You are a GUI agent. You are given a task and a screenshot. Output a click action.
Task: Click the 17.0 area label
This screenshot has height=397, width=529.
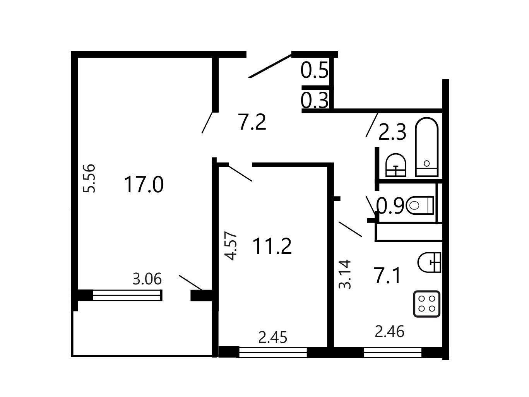(144, 185)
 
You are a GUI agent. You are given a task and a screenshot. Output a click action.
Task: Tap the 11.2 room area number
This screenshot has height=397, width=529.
(272, 246)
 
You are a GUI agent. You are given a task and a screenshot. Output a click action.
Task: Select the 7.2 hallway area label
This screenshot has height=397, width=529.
(252, 122)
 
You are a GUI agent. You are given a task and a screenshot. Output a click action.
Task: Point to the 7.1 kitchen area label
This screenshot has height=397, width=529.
(387, 276)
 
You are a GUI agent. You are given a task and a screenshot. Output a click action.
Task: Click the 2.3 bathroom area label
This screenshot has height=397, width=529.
(392, 132)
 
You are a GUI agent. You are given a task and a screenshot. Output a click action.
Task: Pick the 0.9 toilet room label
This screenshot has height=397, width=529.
(390, 206)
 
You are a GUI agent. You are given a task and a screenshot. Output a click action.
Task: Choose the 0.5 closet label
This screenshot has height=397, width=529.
(315, 70)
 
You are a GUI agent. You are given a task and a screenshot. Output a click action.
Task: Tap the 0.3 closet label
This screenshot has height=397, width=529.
(315, 101)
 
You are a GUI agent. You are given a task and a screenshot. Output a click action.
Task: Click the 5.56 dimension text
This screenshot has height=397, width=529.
(89, 178)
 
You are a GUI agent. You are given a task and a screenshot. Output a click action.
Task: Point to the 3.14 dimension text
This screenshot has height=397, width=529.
(345, 274)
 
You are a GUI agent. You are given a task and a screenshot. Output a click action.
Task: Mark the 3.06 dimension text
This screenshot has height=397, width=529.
(147, 279)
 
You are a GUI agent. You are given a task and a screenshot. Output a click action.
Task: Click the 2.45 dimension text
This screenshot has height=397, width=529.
(273, 337)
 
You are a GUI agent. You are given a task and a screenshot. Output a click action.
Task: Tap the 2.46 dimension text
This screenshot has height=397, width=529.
(390, 332)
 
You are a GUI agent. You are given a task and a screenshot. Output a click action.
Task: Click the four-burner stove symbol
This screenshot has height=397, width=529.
(426, 304)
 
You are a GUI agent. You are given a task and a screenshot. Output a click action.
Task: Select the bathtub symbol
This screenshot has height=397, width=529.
(426, 147)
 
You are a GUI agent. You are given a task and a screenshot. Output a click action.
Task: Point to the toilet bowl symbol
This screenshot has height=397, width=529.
(420, 205)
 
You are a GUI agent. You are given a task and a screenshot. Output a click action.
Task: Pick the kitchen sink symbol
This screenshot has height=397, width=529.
(429, 262)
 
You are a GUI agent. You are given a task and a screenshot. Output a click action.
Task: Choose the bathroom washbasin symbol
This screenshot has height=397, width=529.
(396, 165)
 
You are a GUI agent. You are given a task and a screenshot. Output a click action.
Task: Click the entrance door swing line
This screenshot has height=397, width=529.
(270, 66)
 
